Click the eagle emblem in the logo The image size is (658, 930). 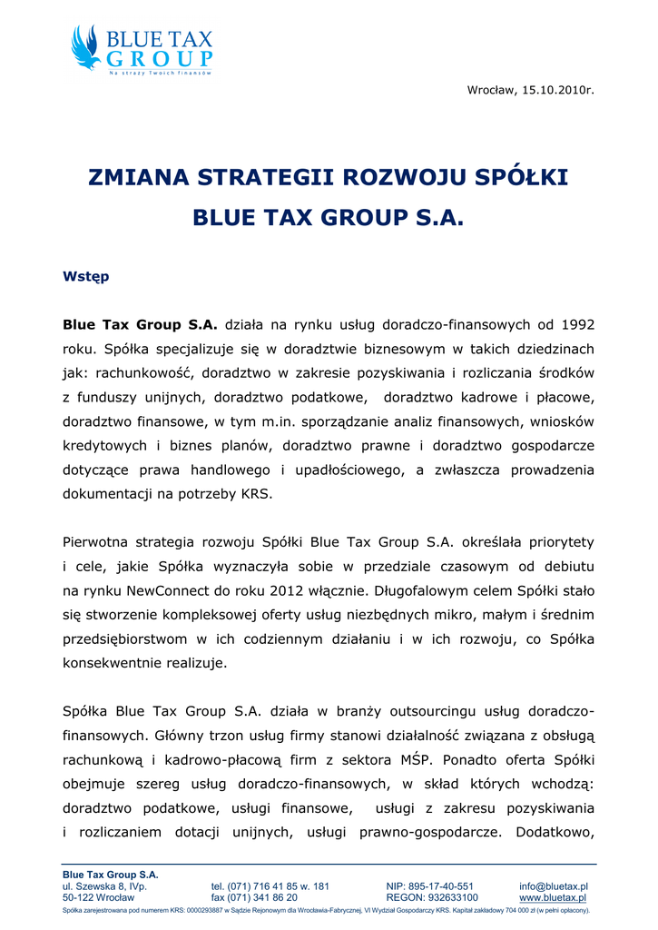86,48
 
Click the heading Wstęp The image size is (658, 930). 85,277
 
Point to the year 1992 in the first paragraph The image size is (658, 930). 578,323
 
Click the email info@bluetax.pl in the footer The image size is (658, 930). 554,886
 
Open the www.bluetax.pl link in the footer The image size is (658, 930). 553,897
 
